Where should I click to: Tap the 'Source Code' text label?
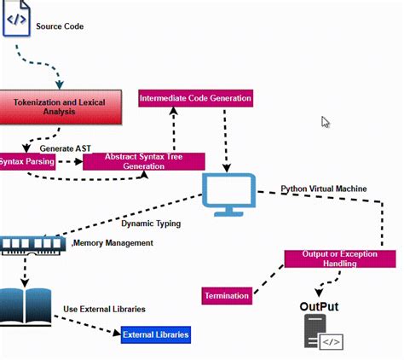(60, 26)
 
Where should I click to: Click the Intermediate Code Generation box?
(196, 98)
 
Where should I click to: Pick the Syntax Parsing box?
(28, 162)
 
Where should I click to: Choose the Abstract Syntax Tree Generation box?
(143, 161)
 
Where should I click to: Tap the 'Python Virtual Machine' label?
(324, 188)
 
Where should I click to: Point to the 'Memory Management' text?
(114, 243)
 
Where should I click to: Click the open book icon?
(25, 308)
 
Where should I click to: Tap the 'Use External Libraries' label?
(104, 309)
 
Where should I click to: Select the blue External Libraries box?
(155, 334)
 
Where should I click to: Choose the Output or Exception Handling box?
(339, 258)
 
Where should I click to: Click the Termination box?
(228, 296)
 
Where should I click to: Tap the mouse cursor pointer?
(326, 122)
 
